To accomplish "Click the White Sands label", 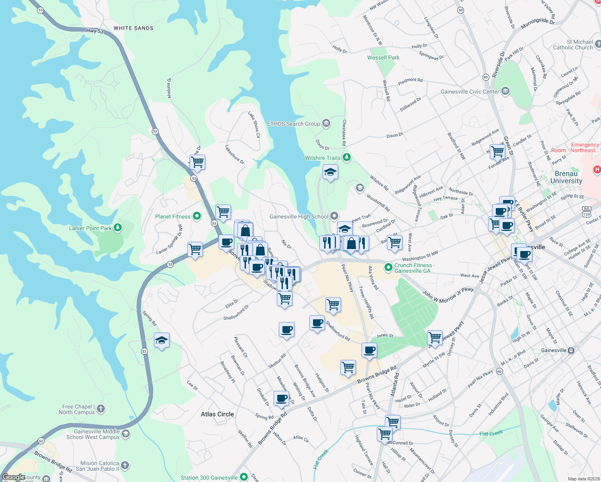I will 133,28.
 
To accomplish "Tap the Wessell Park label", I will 383,57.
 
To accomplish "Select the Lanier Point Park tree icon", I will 118,228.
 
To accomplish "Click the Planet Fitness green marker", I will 197,216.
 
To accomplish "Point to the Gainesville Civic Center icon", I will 505,91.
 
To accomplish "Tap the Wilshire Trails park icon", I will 346,157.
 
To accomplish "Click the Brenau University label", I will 566,177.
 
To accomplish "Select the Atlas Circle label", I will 217,414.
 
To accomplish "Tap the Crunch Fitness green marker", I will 388,267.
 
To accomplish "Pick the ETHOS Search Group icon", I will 326,123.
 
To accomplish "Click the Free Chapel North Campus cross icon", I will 100,409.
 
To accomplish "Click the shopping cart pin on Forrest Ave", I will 497,151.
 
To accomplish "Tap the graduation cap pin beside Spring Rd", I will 161,340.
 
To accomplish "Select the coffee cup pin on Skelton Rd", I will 286,330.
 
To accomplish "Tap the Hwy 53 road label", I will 95,31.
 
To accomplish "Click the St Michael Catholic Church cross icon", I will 598,44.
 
